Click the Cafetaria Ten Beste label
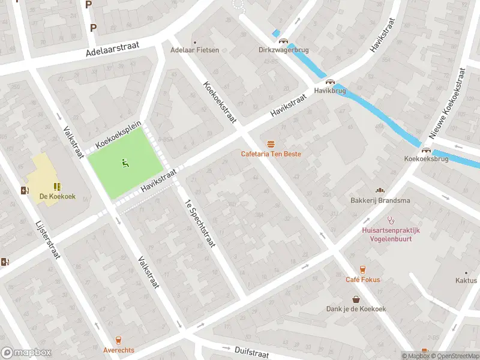[271, 154]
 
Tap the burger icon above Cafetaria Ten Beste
[271, 143]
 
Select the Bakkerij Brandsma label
[380, 200]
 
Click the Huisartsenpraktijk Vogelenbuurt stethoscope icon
[391, 219]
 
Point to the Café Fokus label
[362, 280]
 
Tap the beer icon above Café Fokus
[362, 269]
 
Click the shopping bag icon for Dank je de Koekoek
[356, 299]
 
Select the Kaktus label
[466, 280]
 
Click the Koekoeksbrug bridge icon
[426, 150]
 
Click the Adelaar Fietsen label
[195, 50]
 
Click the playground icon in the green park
[125, 161]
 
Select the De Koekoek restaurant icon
[57, 187]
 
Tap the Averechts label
[118, 350]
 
